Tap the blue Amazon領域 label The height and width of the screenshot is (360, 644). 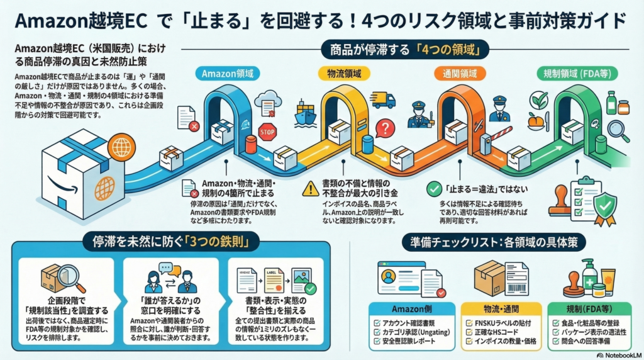click(x=226, y=72)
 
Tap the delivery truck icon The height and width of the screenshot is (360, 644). click(x=383, y=100)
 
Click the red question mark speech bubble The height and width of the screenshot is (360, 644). click(x=384, y=129)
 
